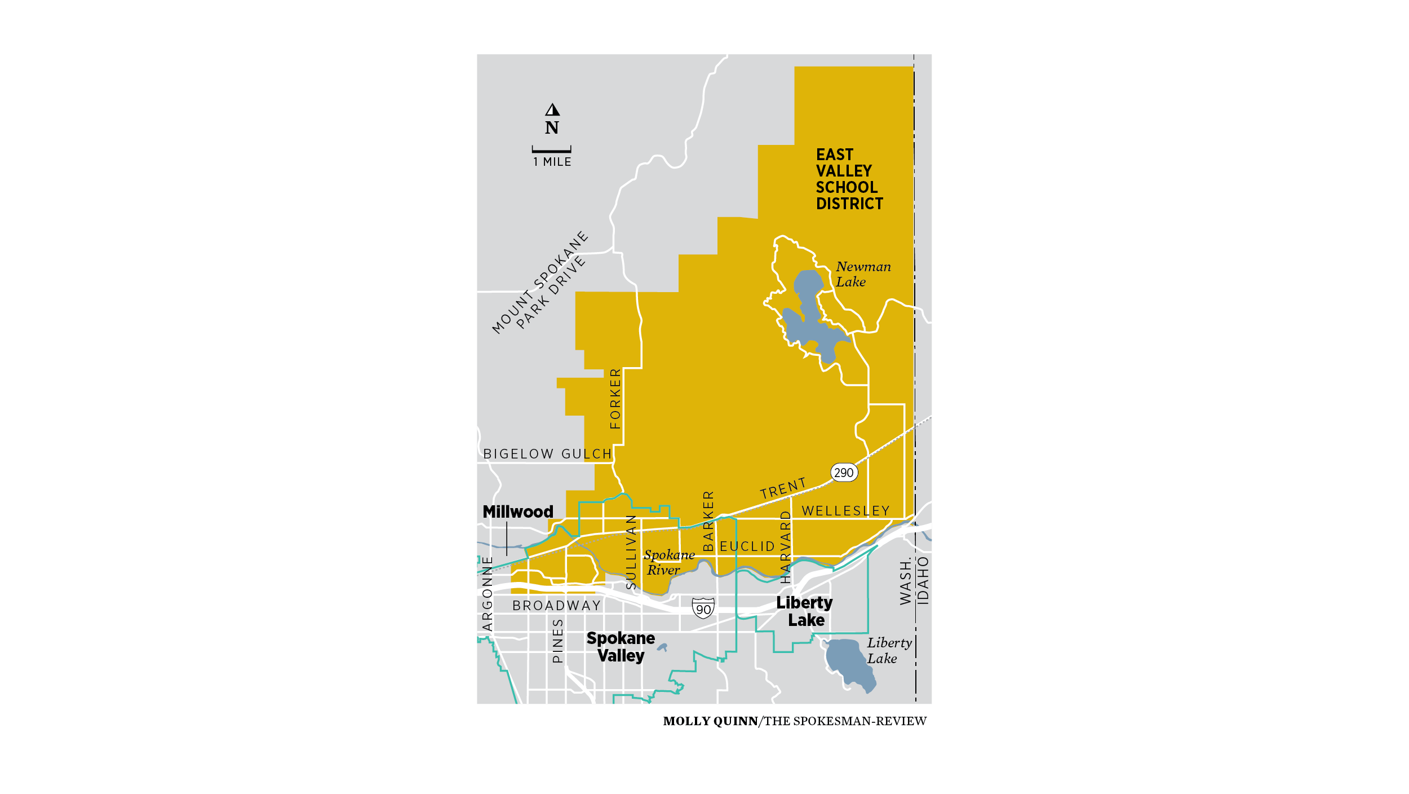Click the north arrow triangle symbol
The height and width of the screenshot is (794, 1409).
(552, 109)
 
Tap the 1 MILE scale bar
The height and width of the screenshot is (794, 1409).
(551, 150)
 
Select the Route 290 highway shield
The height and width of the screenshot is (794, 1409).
(844, 473)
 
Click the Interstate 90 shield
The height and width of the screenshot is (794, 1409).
(703, 608)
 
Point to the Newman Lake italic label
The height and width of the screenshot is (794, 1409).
(862, 274)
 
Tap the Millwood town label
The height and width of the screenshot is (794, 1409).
(518, 511)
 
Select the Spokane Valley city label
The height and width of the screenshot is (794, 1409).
(621, 647)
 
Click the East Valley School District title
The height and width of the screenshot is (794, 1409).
(849, 179)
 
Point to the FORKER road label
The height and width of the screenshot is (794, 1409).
(615, 398)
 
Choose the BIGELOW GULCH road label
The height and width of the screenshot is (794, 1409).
(547, 454)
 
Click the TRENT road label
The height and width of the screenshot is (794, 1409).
(783, 488)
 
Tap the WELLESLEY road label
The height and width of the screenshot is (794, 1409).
(845, 511)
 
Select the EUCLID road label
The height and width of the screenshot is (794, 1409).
(747, 546)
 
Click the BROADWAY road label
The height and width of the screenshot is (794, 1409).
(556, 606)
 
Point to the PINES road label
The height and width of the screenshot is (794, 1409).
(557, 641)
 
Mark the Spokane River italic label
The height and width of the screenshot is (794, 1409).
(668, 562)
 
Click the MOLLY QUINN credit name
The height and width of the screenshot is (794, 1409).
(710, 721)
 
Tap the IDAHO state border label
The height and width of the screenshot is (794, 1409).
(923, 581)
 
